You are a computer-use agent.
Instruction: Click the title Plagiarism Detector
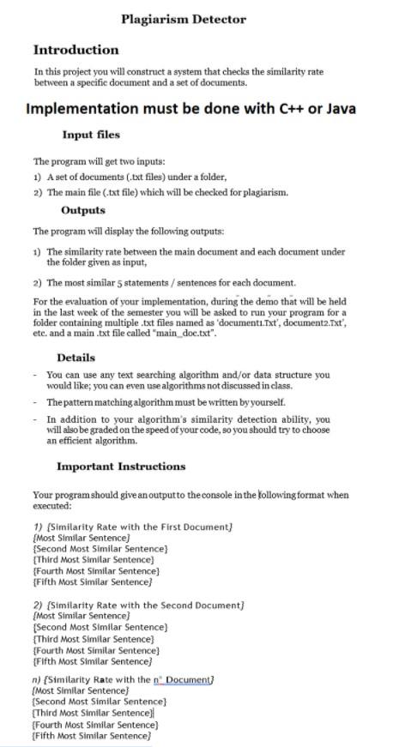tap(183, 19)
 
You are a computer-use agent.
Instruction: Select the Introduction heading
tap(76, 50)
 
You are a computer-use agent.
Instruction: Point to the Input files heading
tap(91, 135)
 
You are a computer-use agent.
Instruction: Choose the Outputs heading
tap(83, 210)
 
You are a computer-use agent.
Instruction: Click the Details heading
tap(76, 358)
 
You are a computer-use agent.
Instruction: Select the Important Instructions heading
tap(121, 467)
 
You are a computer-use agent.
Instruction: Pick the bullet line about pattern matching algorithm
tap(166, 402)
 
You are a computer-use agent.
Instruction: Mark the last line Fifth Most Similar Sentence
tap(91, 736)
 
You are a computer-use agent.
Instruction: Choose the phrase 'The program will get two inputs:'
tap(99, 161)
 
